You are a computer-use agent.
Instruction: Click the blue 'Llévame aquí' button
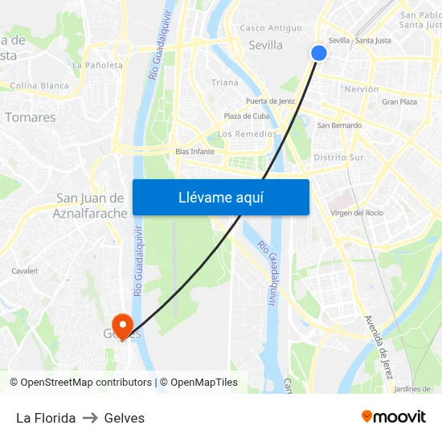click(x=220, y=197)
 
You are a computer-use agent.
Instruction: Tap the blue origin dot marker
click(x=319, y=53)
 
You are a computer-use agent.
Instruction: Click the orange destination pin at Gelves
click(x=122, y=325)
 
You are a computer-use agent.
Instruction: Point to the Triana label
click(x=225, y=82)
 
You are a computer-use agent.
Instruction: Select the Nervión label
click(x=361, y=89)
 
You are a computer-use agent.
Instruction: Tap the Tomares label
click(x=31, y=117)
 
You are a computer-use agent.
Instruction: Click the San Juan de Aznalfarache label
click(x=90, y=206)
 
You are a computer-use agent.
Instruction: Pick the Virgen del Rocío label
click(x=357, y=213)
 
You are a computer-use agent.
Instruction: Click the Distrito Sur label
click(x=338, y=158)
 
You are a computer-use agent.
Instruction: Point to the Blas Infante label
click(x=194, y=151)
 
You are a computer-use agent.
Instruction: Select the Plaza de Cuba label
click(x=247, y=117)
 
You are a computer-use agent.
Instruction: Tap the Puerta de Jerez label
click(x=270, y=101)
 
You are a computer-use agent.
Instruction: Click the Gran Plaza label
click(x=399, y=102)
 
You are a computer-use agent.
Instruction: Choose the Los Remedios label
click(x=248, y=134)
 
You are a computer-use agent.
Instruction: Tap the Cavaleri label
click(x=25, y=272)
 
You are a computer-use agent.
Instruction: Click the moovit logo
click(x=394, y=417)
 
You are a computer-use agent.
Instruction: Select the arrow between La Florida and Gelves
click(x=90, y=418)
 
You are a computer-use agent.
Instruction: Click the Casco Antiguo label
click(x=271, y=28)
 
